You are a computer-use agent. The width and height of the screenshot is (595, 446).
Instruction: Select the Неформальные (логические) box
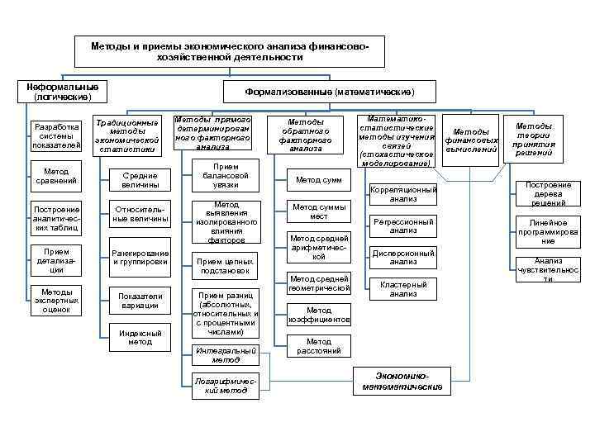(x=62, y=92)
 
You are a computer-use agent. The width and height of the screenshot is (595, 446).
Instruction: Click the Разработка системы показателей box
(x=55, y=137)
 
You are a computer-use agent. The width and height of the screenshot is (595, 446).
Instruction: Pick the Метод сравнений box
(x=55, y=176)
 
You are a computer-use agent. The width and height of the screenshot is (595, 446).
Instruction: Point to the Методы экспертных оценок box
(x=55, y=301)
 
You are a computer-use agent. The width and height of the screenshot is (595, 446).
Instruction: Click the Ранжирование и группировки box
(x=140, y=258)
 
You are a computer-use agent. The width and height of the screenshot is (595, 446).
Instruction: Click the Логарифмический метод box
(x=221, y=387)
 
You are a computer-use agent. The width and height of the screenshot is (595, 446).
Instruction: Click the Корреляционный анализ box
(x=403, y=195)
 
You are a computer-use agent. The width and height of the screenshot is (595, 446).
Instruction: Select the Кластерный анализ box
(x=403, y=289)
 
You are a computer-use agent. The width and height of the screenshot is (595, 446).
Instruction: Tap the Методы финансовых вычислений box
(x=471, y=140)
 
